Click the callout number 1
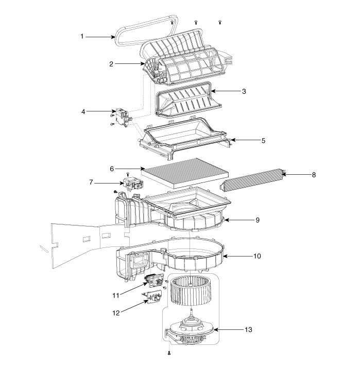click(82, 37)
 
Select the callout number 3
click(244, 91)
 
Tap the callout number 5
click(263, 141)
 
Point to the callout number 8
click(314, 175)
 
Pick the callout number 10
click(257, 256)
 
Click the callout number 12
click(116, 313)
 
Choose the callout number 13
click(249, 329)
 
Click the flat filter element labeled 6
click(185, 173)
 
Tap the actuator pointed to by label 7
click(132, 183)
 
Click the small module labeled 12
click(152, 296)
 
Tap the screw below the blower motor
click(169, 353)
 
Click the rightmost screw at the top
click(219, 22)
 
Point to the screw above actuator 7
click(128, 174)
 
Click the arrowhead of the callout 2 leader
click(143, 63)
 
